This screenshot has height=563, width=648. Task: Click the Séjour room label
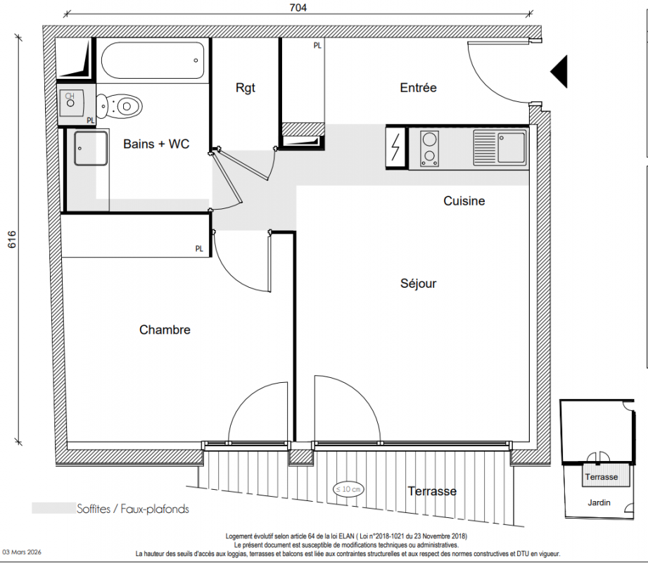tap(418, 284)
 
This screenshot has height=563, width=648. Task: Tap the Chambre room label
tap(165, 330)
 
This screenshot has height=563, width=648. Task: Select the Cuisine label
tap(464, 201)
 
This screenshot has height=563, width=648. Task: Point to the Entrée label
tap(418, 88)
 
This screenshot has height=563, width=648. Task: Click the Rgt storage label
tap(246, 88)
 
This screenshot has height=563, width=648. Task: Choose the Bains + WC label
tap(156, 144)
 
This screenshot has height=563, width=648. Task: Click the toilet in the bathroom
tap(120, 106)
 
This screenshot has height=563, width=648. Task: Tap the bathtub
tap(153, 61)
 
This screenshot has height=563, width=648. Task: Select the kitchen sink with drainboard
tap(500, 148)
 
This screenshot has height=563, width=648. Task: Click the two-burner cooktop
tap(429, 148)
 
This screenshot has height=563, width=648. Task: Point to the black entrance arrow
tap(559, 71)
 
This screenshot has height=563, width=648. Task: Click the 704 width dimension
tap(298, 8)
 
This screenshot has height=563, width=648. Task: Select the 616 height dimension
tap(11, 239)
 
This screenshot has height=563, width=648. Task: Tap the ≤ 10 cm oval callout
tap(348, 489)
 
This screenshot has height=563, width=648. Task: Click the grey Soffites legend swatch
tap(53, 508)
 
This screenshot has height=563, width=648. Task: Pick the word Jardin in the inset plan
tap(599, 502)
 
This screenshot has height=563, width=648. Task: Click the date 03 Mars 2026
tap(22, 552)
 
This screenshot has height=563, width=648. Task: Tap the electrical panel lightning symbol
tap(396, 147)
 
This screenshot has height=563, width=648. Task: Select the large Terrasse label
tap(432, 491)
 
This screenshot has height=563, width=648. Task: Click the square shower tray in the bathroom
tap(91, 148)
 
